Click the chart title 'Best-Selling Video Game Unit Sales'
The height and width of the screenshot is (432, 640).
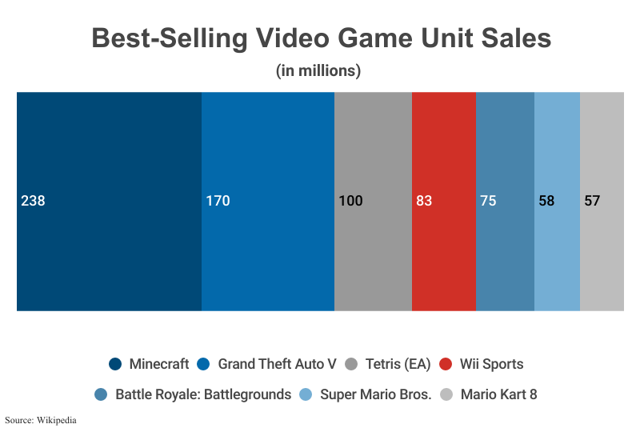pos(321,38)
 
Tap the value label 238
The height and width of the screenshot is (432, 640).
pos(33,201)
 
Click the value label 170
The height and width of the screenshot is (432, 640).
pos(218,201)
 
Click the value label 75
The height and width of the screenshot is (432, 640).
pos(488,201)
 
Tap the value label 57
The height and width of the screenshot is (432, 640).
pos(592,201)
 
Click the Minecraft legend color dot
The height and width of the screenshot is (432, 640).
pos(115,365)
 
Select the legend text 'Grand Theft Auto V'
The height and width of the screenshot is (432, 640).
pos(277,365)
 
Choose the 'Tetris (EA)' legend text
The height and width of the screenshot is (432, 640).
pos(398,365)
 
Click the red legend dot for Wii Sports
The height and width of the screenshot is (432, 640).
pos(446,365)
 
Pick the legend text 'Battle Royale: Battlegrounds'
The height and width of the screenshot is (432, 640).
pos(203,394)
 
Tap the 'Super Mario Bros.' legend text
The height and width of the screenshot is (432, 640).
pos(375,394)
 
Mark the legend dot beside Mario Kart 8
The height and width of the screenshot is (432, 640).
pos(447,394)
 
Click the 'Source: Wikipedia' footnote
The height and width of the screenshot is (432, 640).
pos(41,419)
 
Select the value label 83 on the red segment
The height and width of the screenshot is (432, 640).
pos(424,201)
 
